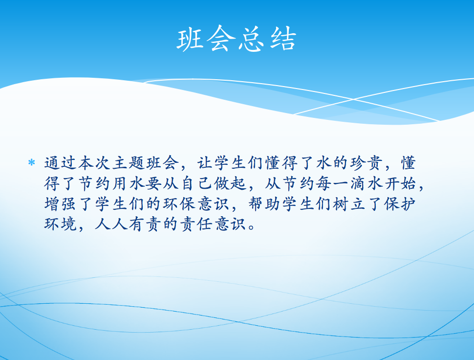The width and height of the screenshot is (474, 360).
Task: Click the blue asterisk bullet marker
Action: [x=31, y=163]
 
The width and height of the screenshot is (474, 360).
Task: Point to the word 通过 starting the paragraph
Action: [x=61, y=163]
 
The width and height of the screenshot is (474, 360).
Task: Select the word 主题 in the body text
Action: [x=129, y=163]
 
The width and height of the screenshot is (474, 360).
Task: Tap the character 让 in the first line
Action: [x=206, y=163]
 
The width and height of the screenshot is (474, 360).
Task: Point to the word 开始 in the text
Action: [x=401, y=183]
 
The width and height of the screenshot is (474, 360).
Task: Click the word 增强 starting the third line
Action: [x=61, y=204]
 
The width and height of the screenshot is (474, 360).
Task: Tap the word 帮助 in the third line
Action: [x=265, y=204]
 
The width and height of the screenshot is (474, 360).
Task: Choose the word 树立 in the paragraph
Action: [x=349, y=204]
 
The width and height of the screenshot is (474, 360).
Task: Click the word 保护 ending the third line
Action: [x=401, y=204]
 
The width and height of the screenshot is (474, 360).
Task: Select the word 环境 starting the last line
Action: [x=61, y=225]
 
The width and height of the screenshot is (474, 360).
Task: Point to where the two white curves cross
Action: [x=354, y=99]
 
